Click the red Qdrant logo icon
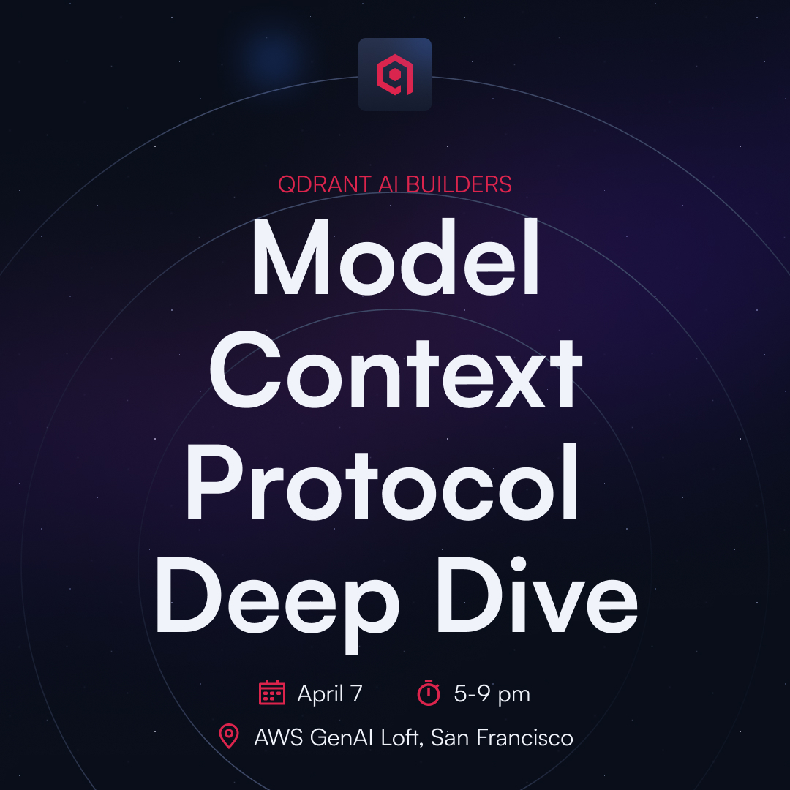[395, 75]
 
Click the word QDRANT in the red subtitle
[325, 184]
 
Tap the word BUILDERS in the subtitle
[459, 184]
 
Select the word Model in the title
[396, 257]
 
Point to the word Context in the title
[396, 370]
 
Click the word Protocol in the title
[382, 482]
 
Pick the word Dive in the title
[538, 595]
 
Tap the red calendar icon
[272, 692]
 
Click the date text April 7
[330, 693]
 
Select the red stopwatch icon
[429, 692]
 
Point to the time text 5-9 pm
[492, 694]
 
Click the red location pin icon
[229, 736]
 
